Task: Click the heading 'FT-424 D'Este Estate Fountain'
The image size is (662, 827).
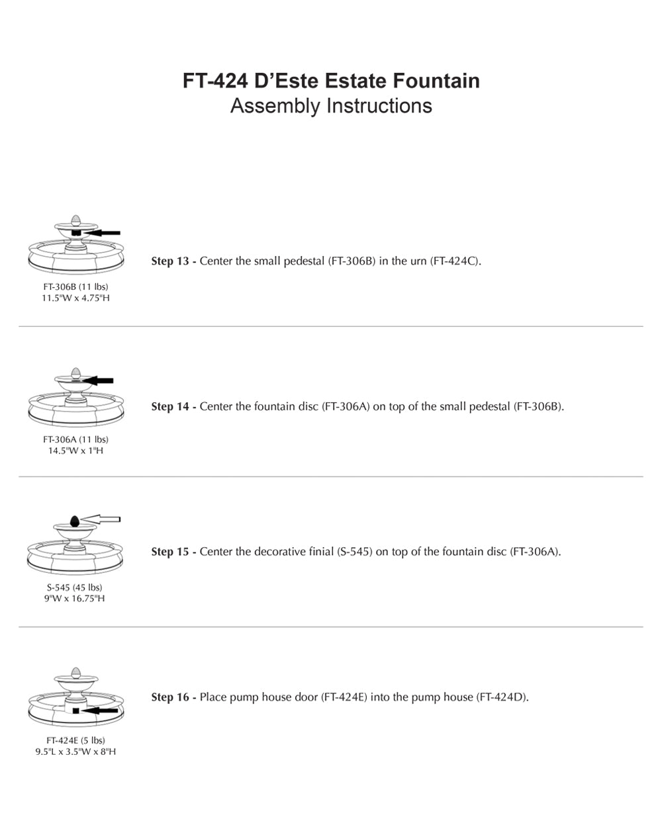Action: [x=331, y=81]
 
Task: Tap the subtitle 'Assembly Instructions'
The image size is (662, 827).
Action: [x=331, y=106]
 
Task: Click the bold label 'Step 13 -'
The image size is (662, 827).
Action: [x=173, y=261]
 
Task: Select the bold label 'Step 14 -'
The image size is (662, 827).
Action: [x=173, y=406]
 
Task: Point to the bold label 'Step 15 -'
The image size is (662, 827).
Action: [x=173, y=552]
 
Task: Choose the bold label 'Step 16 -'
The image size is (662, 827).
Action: [x=173, y=697]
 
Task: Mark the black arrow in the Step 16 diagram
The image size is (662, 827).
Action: [x=101, y=711]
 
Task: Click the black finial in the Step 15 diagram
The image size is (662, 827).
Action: [x=74, y=521]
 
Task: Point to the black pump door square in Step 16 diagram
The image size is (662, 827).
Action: [x=76, y=711]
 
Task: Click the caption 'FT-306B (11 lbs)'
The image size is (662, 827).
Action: [x=75, y=287]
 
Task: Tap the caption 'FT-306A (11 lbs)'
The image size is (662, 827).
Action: [x=75, y=439]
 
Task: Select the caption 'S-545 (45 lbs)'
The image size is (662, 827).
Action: [x=75, y=588]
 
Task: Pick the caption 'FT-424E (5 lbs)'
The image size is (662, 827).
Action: [x=75, y=740]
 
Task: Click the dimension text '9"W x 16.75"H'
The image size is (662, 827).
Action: [x=75, y=599]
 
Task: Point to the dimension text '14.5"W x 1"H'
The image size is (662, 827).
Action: [x=75, y=451]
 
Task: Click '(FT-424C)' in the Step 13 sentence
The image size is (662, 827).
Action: [x=454, y=261]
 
